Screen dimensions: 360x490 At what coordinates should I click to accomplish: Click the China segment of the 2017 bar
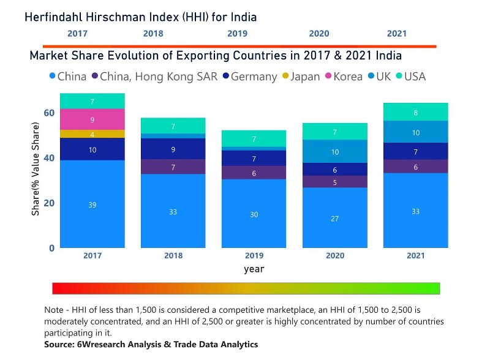click(92, 204)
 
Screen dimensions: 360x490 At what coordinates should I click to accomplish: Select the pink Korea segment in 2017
click(92, 119)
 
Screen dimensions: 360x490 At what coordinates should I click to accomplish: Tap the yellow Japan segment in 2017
click(92, 134)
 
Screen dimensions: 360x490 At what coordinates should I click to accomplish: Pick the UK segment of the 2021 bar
click(415, 132)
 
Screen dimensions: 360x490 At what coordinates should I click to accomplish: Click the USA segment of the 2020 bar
click(334, 132)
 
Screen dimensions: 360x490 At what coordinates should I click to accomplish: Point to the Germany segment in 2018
click(173, 149)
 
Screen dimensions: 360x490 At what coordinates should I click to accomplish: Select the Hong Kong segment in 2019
click(254, 173)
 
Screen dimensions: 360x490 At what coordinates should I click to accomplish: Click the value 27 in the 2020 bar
click(334, 218)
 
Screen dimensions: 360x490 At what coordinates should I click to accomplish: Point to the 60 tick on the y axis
click(48, 113)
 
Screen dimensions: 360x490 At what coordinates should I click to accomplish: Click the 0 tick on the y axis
click(52, 248)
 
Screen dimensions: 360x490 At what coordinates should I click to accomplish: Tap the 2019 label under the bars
click(254, 255)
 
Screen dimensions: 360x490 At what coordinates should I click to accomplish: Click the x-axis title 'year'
click(254, 269)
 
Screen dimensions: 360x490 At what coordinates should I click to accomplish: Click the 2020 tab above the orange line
click(318, 34)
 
